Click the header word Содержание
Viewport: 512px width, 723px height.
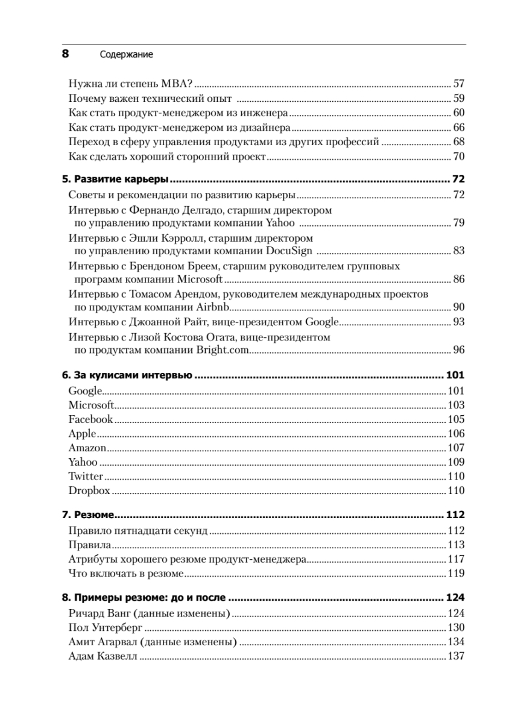(x=125, y=54)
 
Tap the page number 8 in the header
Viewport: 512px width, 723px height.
(x=66, y=54)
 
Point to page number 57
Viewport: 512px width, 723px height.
(x=458, y=83)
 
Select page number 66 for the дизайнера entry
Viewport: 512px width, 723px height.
(x=458, y=127)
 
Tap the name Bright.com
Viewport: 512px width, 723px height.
(x=222, y=349)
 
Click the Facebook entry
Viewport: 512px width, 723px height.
(x=90, y=419)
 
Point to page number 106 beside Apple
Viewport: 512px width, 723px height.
(x=455, y=434)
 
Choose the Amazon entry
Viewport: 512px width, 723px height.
(x=87, y=448)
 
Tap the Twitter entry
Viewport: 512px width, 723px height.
(x=86, y=476)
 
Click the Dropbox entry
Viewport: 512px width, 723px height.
(x=89, y=490)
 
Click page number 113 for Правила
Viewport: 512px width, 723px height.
(x=455, y=545)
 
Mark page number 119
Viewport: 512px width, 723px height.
(x=455, y=573)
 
